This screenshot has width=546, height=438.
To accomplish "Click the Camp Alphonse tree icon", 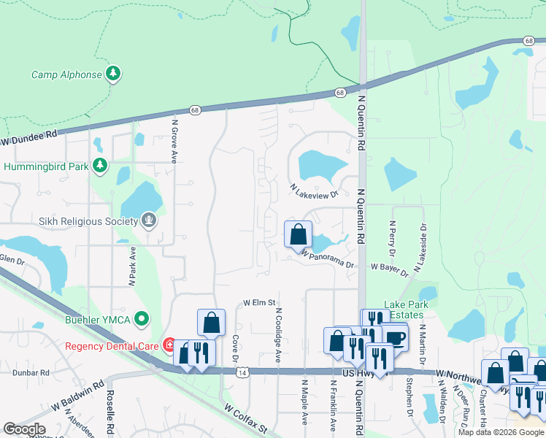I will tap(112, 74).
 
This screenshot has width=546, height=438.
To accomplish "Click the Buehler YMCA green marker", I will tap(142, 319).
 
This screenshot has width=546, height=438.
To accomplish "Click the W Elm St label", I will tap(259, 301).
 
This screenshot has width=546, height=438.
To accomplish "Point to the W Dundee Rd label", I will tap(28, 139).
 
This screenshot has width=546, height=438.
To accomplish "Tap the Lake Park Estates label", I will tap(409, 310).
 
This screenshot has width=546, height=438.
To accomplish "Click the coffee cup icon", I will tap(395, 337).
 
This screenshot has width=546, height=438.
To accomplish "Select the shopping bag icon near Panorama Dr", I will tap(298, 235).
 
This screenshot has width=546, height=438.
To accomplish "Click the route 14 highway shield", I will tap(242, 372).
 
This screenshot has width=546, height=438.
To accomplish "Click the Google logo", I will tap(24, 429).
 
